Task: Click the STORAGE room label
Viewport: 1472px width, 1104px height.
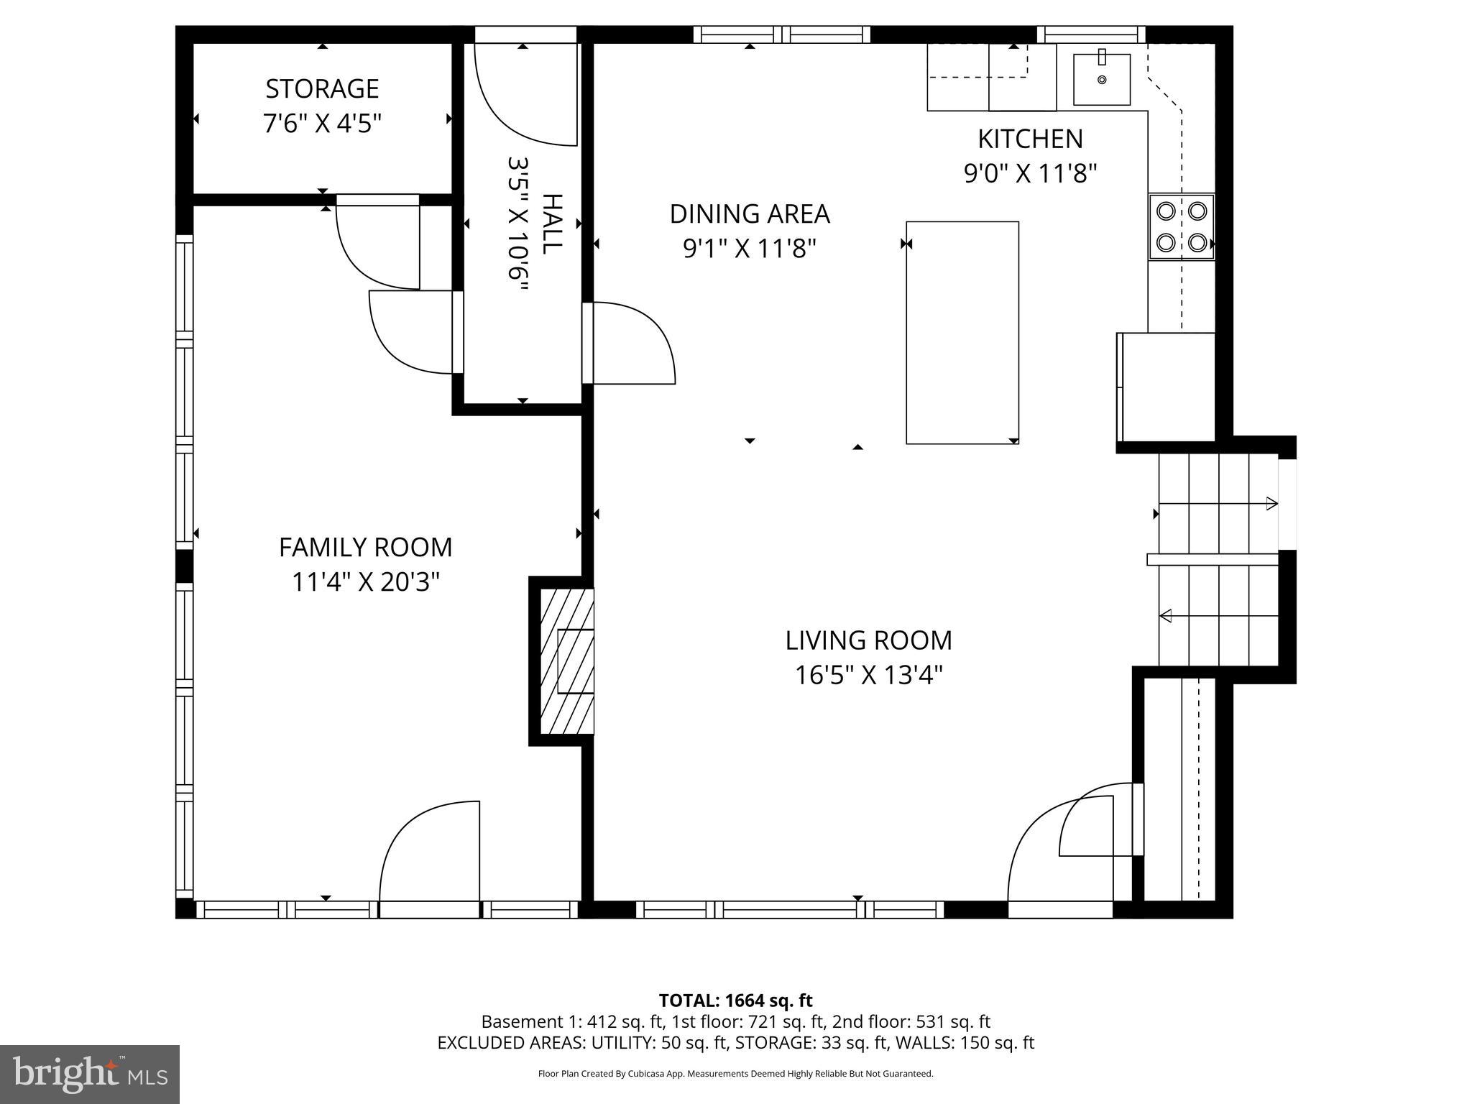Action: click(322, 89)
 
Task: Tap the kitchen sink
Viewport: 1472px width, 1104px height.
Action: click(1101, 79)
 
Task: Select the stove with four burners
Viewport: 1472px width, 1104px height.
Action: click(1181, 226)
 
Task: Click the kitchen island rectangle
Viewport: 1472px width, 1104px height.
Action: click(962, 332)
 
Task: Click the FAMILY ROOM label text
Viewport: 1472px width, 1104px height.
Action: click(365, 548)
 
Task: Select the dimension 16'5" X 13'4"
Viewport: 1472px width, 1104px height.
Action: click(868, 676)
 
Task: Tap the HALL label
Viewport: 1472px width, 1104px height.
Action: click(552, 224)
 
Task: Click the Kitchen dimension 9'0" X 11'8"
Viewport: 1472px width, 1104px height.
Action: click(1030, 174)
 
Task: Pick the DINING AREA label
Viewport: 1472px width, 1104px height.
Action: click(750, 214)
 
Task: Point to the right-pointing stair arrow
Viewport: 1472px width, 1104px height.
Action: click(1271, 503)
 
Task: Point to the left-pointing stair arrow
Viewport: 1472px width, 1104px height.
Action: click(1167, 615)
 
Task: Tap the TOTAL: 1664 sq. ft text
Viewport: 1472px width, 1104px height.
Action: click(735, 1000)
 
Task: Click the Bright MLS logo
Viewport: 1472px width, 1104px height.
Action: click(90, 1074)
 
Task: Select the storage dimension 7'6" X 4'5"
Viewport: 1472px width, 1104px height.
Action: click(322, 124)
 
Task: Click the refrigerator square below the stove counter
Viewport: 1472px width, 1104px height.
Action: click(1166, 387)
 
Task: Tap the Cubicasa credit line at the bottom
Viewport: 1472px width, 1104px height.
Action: click(735, 1074)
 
